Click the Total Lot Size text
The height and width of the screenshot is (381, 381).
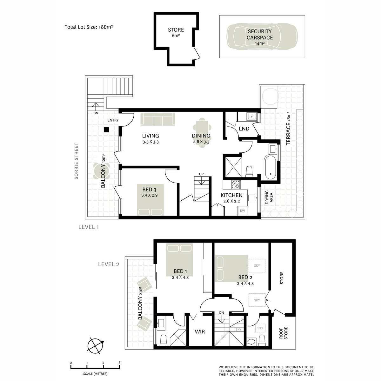click(x=89, y=27)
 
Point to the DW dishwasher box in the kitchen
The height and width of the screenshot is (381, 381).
click(x=243, y=211)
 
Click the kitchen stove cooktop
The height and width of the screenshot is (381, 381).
click(x=236, y=185)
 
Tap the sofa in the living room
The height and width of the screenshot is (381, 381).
click(x=158, y=119)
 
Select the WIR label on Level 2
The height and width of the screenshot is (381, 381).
click(x=200, y=331)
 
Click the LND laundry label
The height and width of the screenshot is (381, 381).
click(x=244, y=129)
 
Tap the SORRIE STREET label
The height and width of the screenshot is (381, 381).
click(x=76, y=161)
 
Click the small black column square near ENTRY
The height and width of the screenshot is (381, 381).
click(x=106, y=130)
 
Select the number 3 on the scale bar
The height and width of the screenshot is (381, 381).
click(x=119, y=363)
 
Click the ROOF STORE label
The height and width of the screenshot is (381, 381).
click(x=283, y=333)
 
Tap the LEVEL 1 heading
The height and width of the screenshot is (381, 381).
click(x=88, y=227)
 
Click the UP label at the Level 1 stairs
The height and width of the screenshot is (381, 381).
click(x=201, y=174)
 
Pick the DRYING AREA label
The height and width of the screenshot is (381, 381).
click(x=269, y=197)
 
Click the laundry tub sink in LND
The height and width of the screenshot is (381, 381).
click(x=251, y=117)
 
